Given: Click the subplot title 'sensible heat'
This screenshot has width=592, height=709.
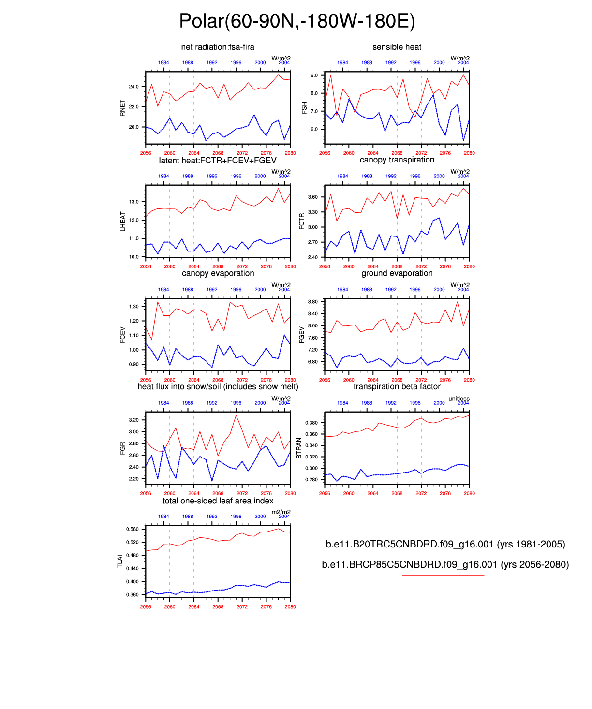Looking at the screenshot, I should (397, 47).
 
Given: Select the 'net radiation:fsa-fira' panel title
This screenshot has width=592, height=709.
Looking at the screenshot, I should (218, 47).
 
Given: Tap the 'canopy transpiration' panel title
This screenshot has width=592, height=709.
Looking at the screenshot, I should (397, 160).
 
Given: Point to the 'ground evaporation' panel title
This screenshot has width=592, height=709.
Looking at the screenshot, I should (397, 273).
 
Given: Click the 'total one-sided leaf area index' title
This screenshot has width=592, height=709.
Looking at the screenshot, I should (218, 501).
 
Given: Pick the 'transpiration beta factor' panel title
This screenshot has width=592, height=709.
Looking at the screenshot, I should (397, 387).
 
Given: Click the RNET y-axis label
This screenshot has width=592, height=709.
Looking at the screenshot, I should (123, 108).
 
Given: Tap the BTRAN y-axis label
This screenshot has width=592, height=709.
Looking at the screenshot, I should (299, 448).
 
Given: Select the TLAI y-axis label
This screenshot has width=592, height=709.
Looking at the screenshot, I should (120, 561).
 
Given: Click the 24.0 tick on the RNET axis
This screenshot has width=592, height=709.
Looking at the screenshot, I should (133, 87).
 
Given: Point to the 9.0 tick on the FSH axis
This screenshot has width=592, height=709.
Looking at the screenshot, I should (314, 75).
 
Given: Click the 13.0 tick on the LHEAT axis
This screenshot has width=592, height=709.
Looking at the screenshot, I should (133, 202).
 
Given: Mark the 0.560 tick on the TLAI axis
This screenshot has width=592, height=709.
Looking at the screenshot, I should (132, 529).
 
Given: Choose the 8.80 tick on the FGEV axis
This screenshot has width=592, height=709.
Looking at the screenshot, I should (312, 302).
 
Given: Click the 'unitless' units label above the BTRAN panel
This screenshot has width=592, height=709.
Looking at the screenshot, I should (459, 399).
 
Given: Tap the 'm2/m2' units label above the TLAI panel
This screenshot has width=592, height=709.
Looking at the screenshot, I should (281, 512).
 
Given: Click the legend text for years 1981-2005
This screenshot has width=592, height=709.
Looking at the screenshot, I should (445, 545).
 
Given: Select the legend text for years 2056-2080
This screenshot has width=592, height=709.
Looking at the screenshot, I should (445, 565).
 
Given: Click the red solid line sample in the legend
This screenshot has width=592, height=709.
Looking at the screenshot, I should (443, 576).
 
